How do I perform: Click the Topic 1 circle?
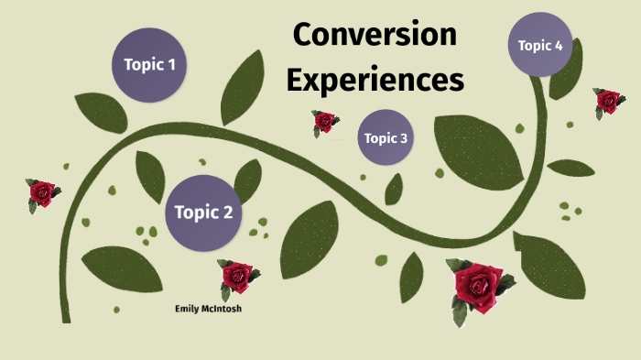[x=149, y=65]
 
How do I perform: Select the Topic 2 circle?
[x=202, y=213]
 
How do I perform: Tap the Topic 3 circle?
[x=386, y=138]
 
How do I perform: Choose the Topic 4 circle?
[x=546, y=45]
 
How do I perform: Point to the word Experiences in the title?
[x=375, y=80]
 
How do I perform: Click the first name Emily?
[x=189, y=309]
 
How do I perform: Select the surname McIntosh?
[x=223, y=309]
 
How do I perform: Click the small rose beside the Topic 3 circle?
[x=323, y=121]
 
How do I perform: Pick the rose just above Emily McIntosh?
[x=236, y=275]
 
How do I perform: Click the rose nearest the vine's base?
[x=42, y=193]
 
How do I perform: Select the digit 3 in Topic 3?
[x=403, y=138]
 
